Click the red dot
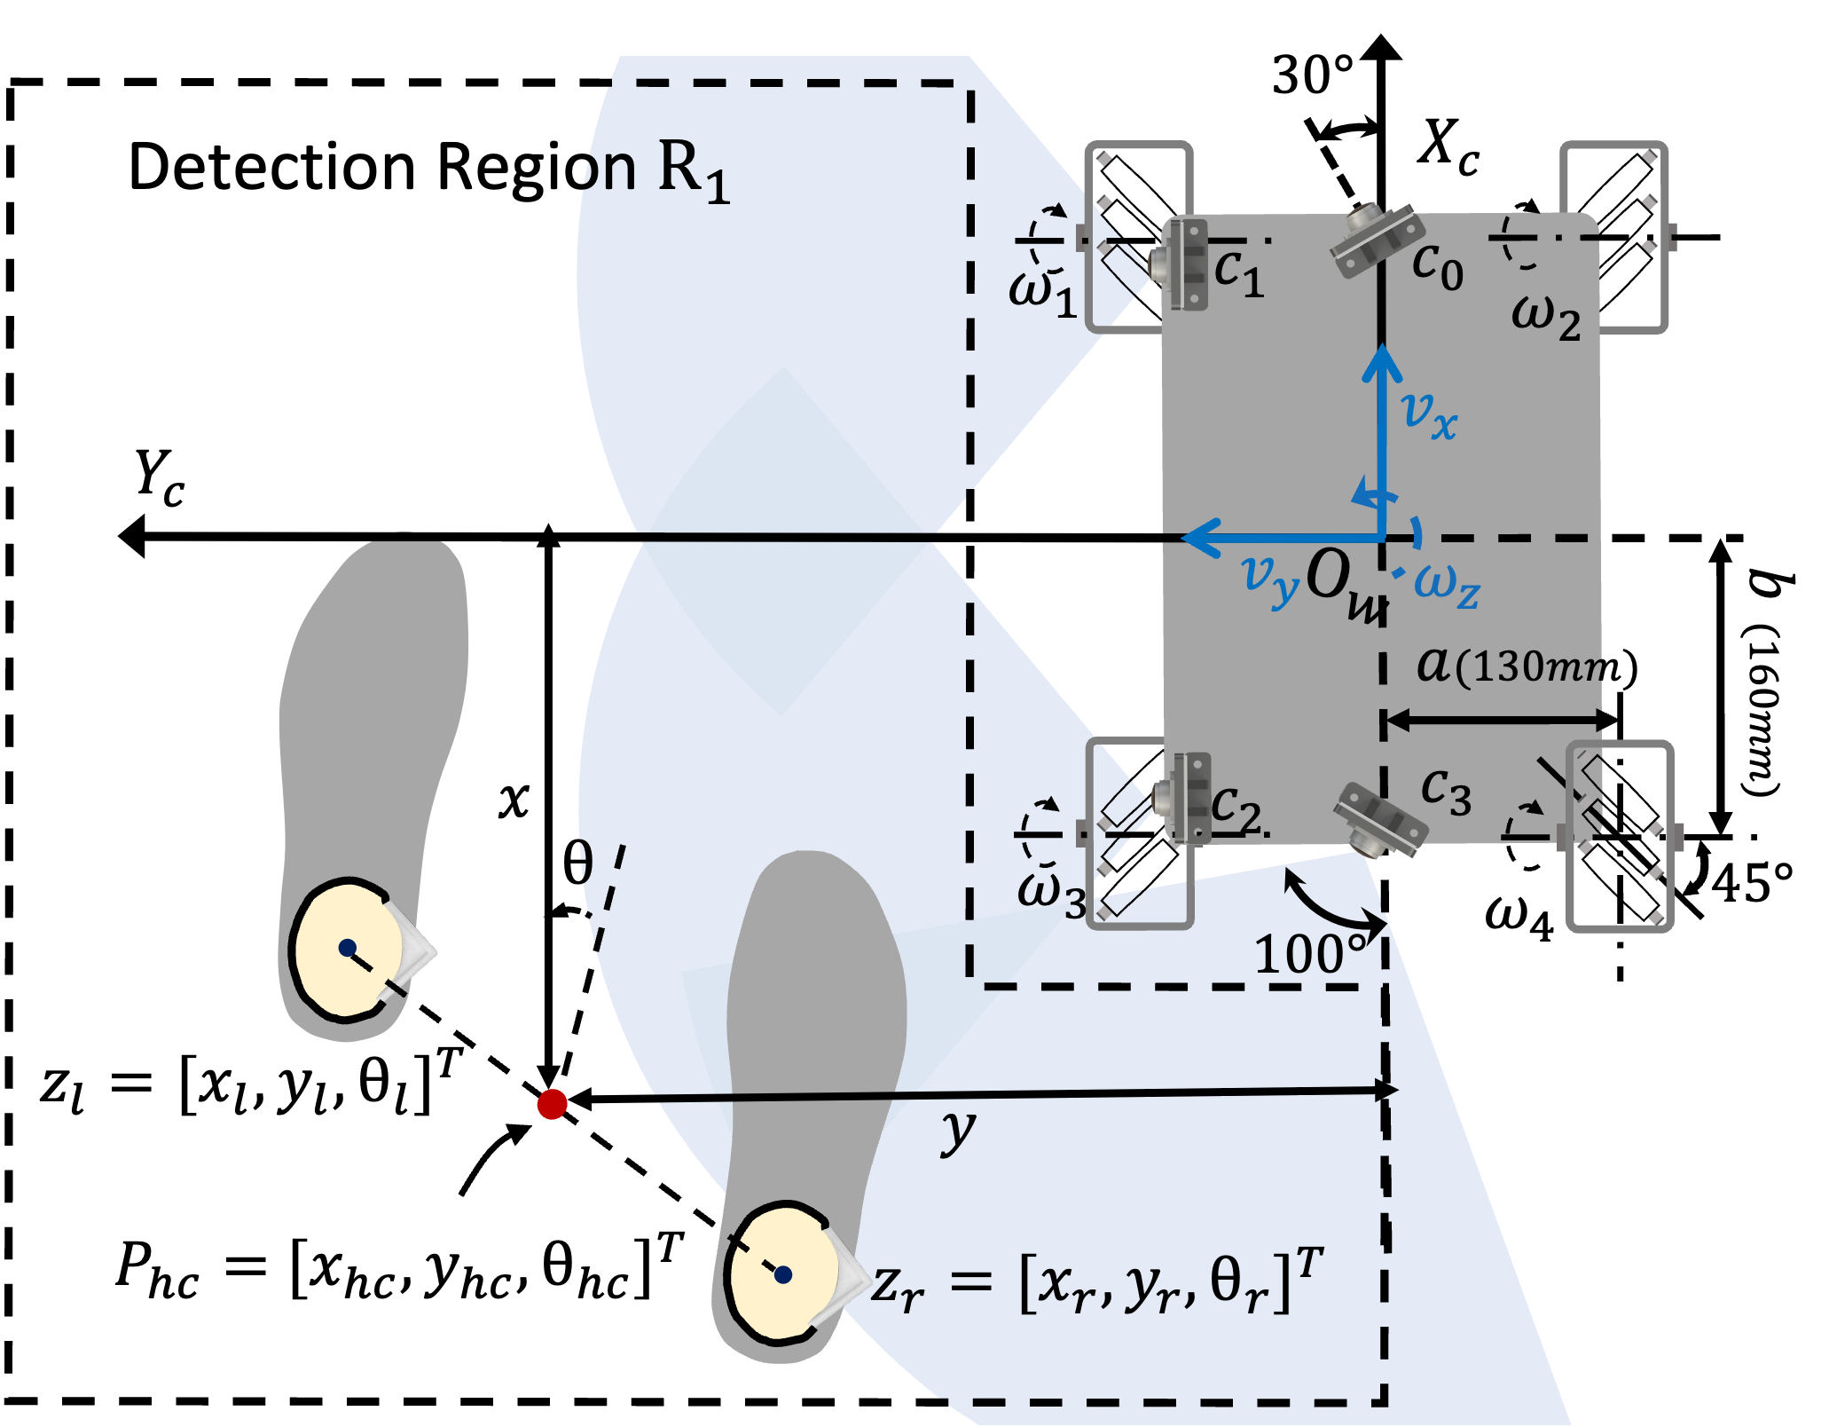(552, 1104)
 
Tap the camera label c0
(1437, 266)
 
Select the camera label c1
(1238, 272)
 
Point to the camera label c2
(1236, 808)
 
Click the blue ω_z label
(1447, 586)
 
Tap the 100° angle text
(1309, 955)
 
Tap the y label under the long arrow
(958, 1132)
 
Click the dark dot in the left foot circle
(348, 948)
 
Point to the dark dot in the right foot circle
(782, 1274)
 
